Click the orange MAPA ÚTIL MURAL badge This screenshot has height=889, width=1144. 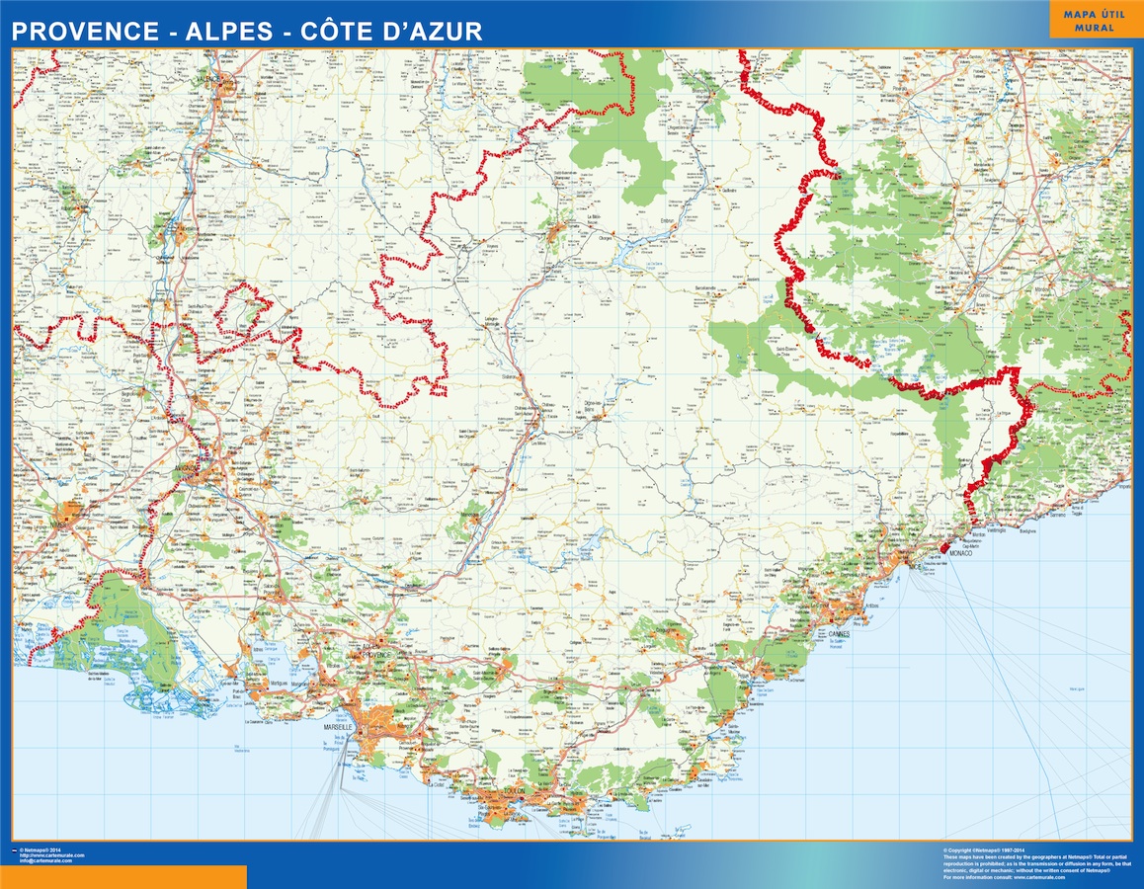(1089, 20)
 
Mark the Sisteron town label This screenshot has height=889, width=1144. (510, 375)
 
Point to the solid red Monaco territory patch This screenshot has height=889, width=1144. (945, 546)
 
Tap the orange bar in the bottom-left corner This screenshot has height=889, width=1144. (123, 877)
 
